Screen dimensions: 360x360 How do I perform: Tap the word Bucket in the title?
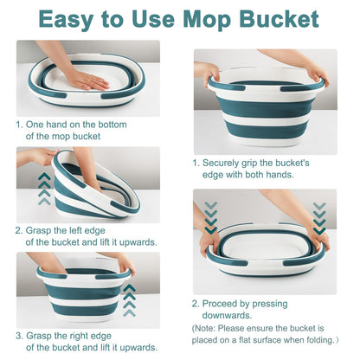coord(276,18)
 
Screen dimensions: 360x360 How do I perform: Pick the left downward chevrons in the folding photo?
coord(211,217)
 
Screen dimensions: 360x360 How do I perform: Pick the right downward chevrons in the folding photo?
coord(319,217)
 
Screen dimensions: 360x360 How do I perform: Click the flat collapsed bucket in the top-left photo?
coord(89,87)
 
